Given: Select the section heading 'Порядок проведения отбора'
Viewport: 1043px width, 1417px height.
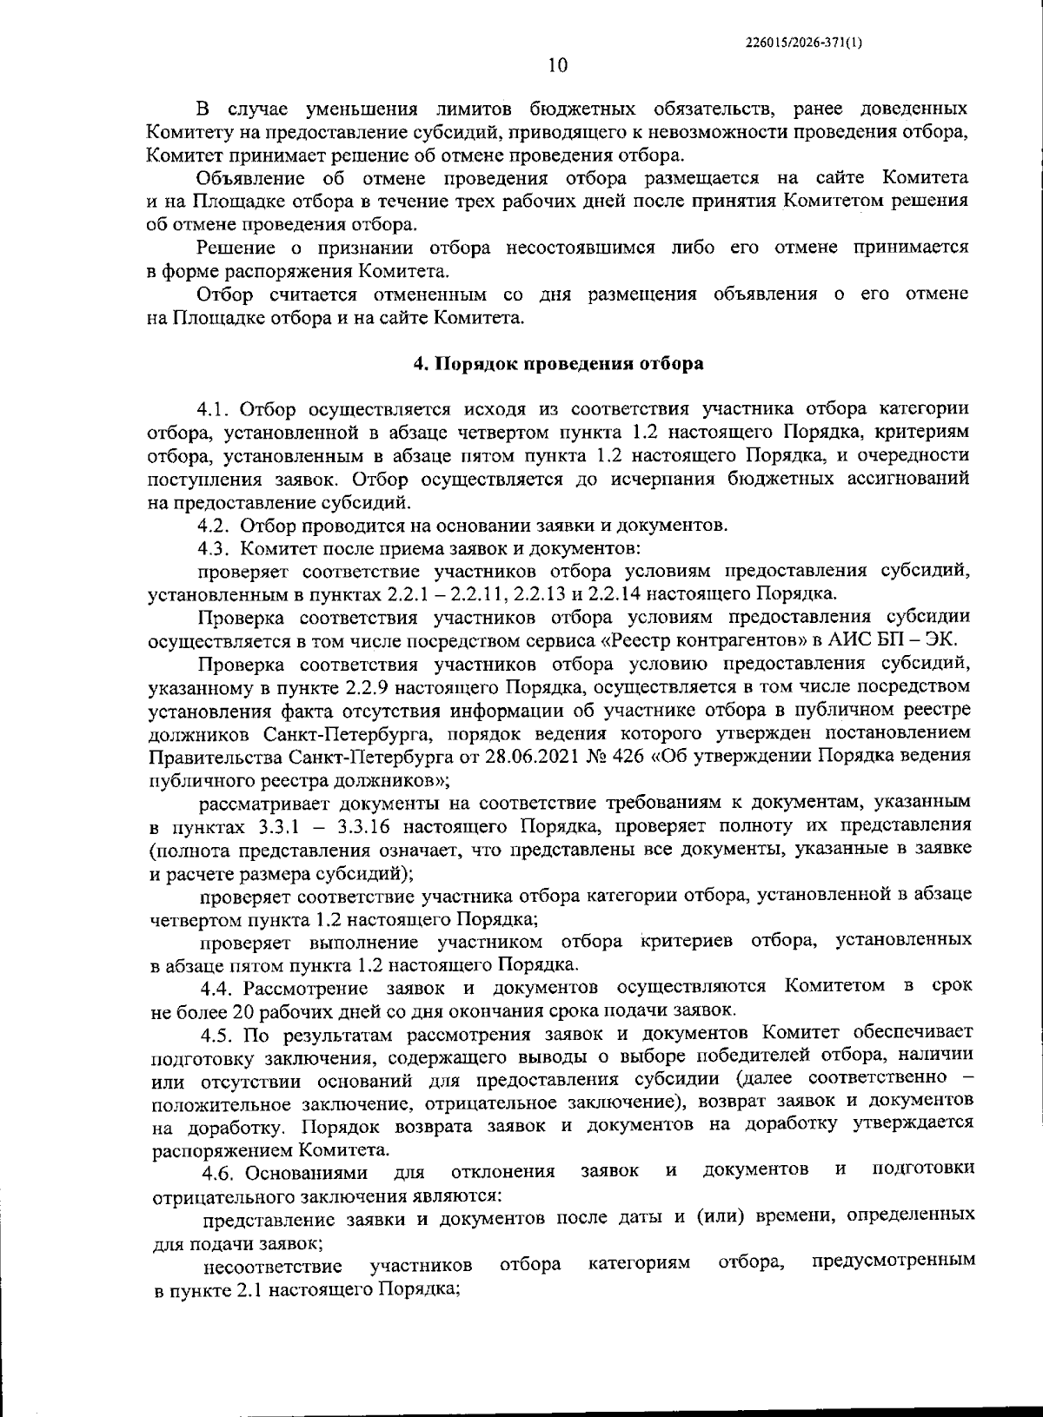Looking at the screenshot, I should point(568,364).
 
